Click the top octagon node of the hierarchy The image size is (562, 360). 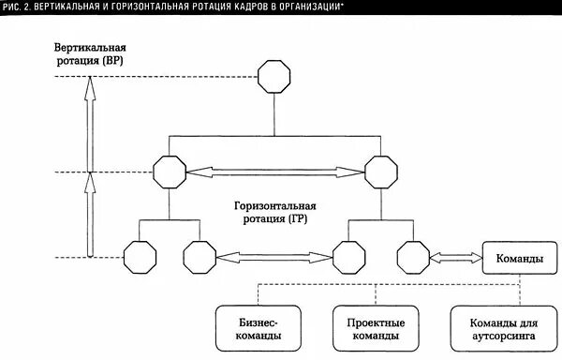point(274,77)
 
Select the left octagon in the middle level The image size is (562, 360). point(170,172)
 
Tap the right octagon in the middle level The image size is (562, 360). point(381,172)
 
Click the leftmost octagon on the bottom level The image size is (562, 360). point(139,254)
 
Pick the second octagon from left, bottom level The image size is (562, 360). point(199,254)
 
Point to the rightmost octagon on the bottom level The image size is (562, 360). point(411,254)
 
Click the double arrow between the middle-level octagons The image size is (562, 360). point(275,172)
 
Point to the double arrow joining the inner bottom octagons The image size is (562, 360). point(274,254)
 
